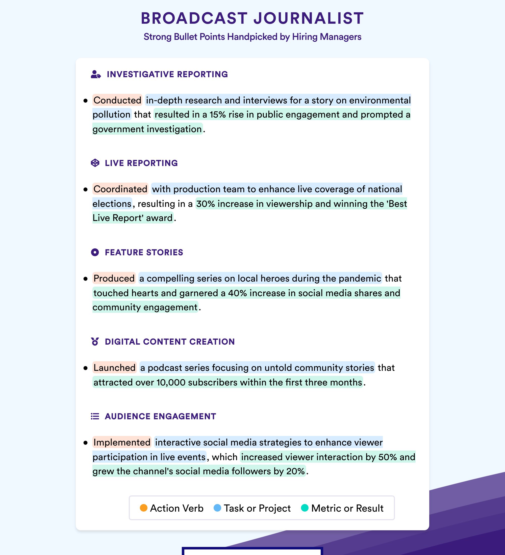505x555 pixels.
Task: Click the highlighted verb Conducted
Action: point(117,100)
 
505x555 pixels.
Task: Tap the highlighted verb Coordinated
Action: point(120,189)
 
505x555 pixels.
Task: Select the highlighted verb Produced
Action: point(114,278)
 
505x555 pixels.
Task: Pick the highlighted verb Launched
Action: point(114,368)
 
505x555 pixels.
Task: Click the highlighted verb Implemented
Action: point(122,442)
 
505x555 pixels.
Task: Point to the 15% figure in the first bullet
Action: point(218,115)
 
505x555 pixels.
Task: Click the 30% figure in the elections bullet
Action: point(206,204)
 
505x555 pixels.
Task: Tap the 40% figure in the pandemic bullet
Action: point(237,293)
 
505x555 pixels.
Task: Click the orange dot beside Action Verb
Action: point(143,508)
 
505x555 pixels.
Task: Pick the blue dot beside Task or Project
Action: point(217,508)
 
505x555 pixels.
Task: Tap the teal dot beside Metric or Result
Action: point(305,508)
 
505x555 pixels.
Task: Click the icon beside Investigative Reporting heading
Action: point(96,74)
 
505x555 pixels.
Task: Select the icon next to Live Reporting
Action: point(95,163)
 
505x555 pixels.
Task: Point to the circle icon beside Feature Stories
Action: point(95,252)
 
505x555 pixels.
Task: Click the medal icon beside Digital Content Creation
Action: point(95,341)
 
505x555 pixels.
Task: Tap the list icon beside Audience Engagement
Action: point(95,416)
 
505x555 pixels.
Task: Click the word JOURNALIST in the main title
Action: point(309,18)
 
